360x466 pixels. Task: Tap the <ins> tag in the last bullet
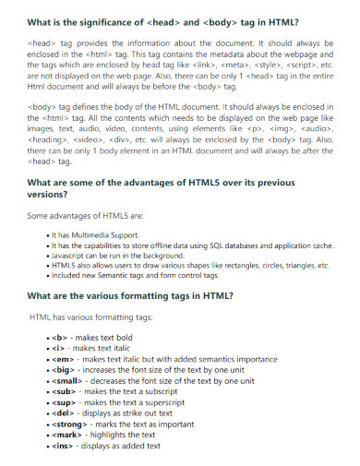(65, 446)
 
